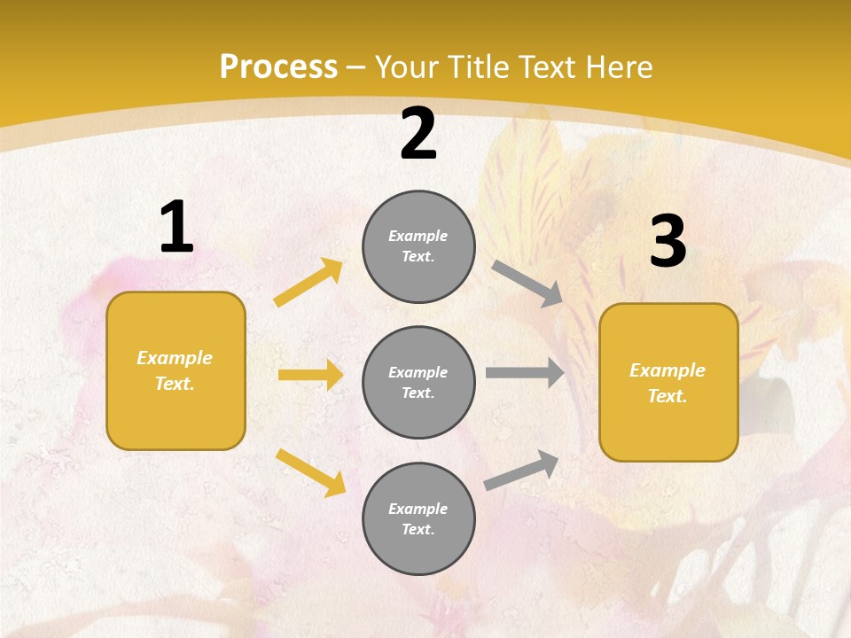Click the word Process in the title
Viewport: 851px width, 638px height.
pos(278,67)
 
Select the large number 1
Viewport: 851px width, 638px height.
pos(176,228)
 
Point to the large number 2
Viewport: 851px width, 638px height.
pos(418,134)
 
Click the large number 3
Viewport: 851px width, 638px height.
pos(668,243)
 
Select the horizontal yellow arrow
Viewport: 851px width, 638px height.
pos(310,375)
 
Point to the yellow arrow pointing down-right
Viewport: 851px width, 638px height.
pos(310,472)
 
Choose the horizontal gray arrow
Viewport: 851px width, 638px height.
pos(525,373)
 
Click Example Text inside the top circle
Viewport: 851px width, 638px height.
pos(418,246)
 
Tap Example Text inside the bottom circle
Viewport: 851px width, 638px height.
pos(418,519)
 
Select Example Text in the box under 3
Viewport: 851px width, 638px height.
pos(668,383)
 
